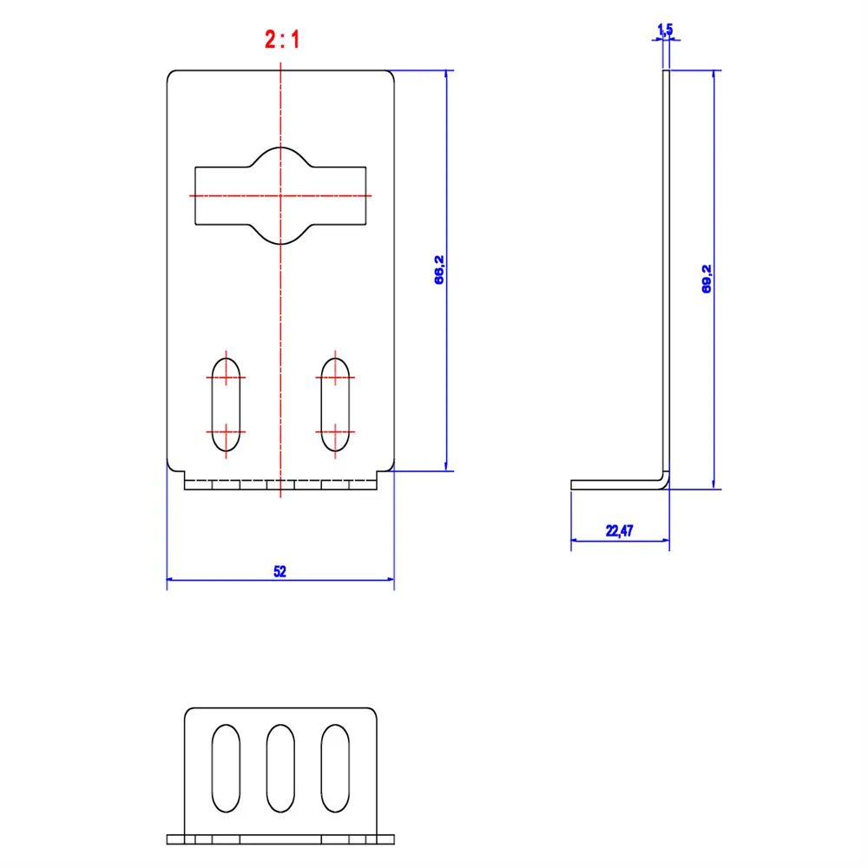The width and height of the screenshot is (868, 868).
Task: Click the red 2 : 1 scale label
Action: [282, 39]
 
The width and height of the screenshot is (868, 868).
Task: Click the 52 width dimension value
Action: [280, 571]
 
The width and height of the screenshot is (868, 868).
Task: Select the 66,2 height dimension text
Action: [439, 270]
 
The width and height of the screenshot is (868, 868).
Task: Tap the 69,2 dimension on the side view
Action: [707, 279]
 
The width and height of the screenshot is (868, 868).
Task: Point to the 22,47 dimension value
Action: [620, 531]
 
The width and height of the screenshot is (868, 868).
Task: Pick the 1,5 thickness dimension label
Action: [665, 30]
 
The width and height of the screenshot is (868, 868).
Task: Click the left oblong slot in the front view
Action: [226, 404]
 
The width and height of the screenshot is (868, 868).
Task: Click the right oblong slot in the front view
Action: [335, 404]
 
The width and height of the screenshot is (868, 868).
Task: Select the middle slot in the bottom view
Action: [280, 768]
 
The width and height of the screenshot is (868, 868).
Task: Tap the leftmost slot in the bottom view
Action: [226, 768]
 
